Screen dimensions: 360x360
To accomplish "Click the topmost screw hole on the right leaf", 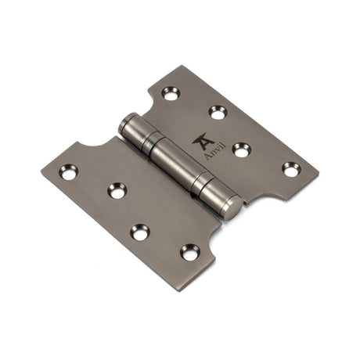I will (x=171, y=93).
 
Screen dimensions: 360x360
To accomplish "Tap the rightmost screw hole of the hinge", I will (x=290, y=167).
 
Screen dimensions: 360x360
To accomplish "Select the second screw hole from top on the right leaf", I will (x=218, y=113).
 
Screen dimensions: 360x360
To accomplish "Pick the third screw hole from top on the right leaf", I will (x=241, y=149).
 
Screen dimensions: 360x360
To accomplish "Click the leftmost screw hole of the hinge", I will (x=69, y=171).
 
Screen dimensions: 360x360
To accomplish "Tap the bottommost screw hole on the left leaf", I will (x=189, y=252).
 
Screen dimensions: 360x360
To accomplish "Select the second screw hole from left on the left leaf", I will (x=117, y=189).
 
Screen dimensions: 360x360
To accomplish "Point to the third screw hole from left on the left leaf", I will (x=140, y=232).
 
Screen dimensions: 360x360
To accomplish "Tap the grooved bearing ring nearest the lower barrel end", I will (x=205, y=188).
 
